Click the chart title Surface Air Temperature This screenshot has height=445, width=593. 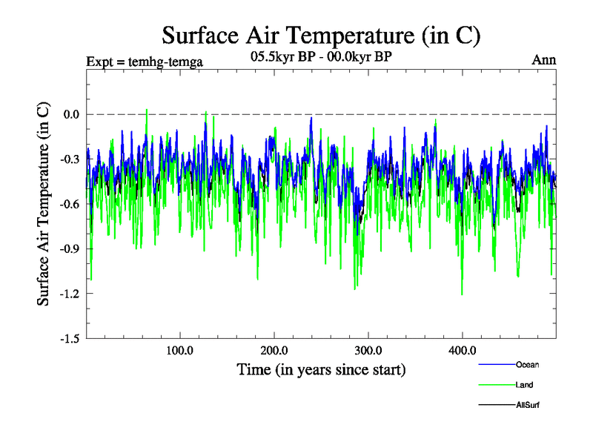(x=321, y=36)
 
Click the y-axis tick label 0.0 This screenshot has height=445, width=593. (x=71, y=114)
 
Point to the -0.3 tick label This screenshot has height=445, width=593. (x=69, y=159)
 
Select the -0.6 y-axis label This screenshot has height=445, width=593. (x=69, y=204)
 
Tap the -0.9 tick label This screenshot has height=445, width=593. (x=69, y=248)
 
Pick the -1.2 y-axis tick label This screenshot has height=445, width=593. (x=69, y=294)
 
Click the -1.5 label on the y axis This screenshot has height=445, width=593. (x=69, y=338)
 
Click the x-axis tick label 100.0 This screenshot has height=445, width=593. (x=180, y=350)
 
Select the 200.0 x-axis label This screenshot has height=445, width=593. (x=274, y=350)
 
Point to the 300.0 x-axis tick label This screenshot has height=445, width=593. (x=368, y=350)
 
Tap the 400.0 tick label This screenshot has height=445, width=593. (x=462, y=350)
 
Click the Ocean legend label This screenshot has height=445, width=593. (x=527, y=365)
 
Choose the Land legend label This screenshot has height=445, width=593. (x=524, y=385)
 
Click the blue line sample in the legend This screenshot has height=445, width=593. (x=497, y=365)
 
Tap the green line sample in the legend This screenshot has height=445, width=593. (x=497, y=385)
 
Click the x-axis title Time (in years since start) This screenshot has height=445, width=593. (x=321, y=369)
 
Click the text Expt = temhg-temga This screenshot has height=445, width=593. (x=145, y=61)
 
